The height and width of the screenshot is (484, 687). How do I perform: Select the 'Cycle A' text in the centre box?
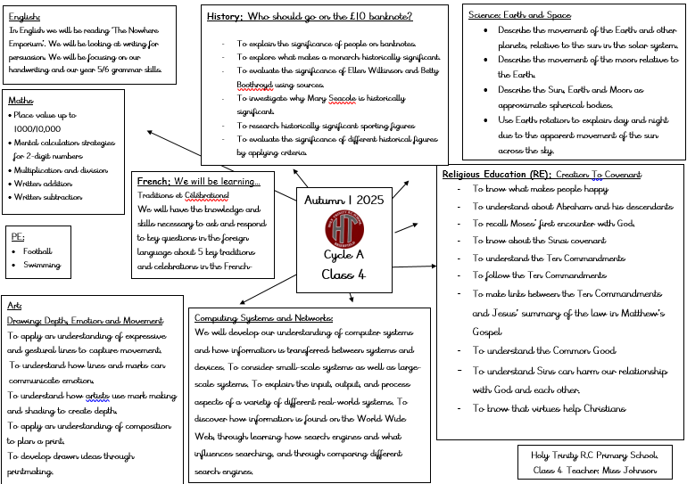(343, 256)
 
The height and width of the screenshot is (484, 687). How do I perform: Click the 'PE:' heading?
(17, 238)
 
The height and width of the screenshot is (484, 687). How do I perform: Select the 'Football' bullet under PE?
(38, 251)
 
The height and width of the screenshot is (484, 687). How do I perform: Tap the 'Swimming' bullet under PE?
(43, 265)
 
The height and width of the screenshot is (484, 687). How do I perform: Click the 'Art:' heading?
(14, 306)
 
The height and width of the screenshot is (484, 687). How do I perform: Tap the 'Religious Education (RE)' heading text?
(495, 175)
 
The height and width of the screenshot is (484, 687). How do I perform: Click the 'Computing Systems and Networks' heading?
(264, 318)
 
